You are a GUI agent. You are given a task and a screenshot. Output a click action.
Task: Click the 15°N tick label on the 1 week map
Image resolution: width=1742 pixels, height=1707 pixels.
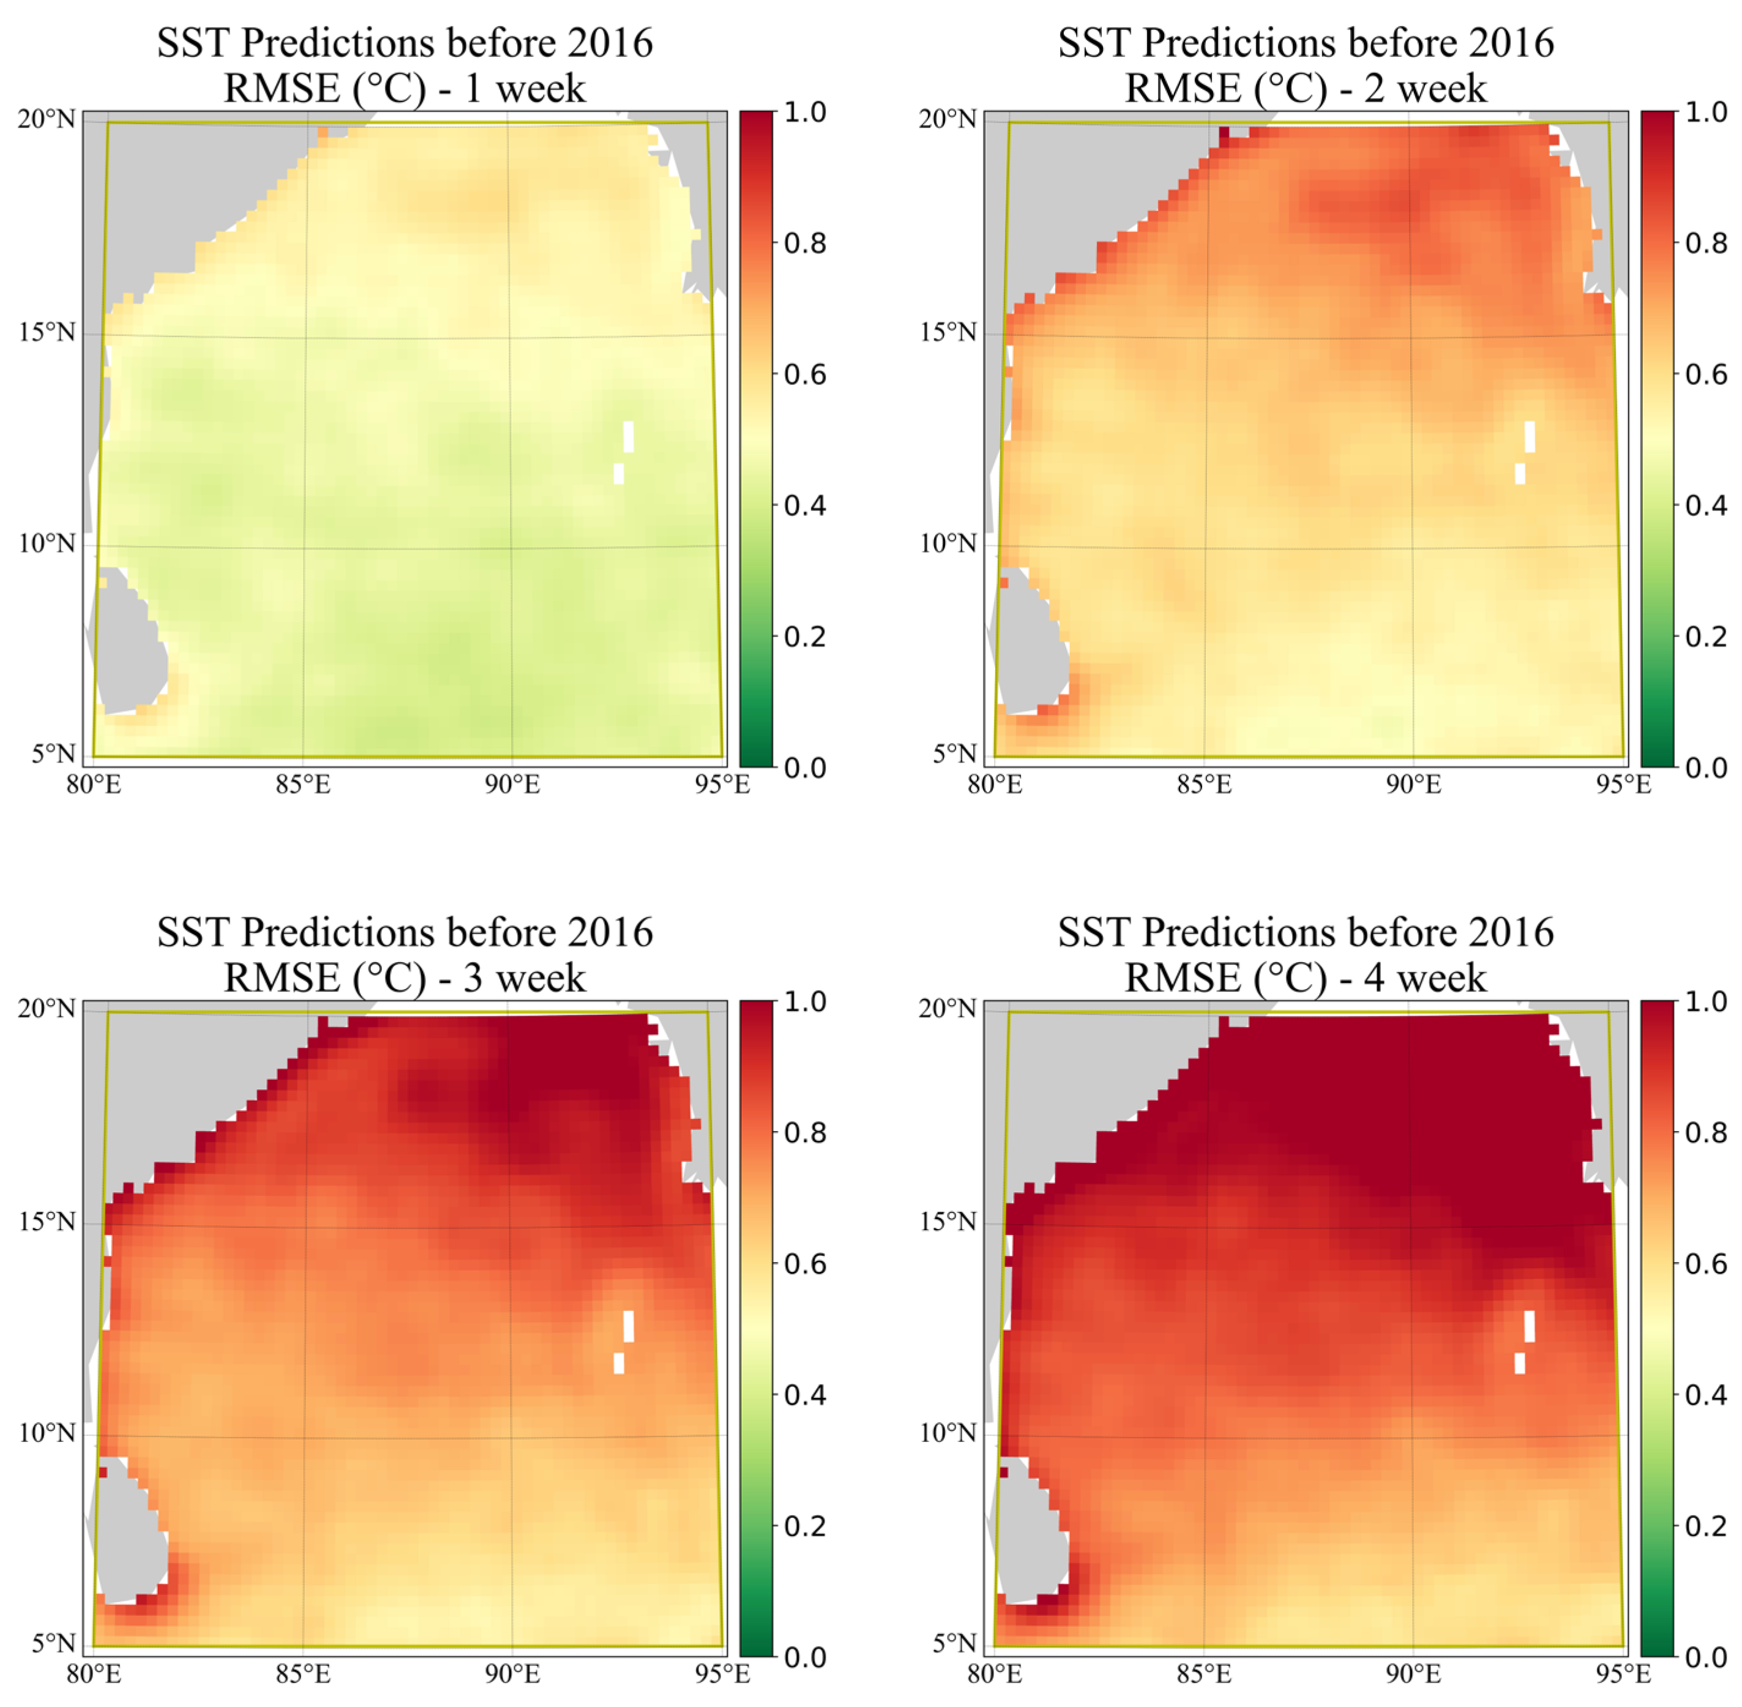(x=47, y=332)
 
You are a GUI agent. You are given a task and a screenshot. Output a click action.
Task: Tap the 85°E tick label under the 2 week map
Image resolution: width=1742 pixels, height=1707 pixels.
(x=1203, y=785)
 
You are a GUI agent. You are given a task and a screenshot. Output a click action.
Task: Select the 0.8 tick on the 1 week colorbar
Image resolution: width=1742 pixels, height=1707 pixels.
(x=804, y=243)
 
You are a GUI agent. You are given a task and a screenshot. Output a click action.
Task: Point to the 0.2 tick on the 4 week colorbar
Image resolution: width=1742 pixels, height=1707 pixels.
(x=1705, y=1525)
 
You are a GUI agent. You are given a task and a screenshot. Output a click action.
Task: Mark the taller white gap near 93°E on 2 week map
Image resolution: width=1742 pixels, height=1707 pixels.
(x=1530, y=436)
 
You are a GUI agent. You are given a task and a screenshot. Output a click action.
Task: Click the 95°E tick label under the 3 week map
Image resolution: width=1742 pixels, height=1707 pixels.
(x=723, y=1675)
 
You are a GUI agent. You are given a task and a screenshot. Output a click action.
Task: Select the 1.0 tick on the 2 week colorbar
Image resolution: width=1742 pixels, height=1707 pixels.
(x=1705, y=112)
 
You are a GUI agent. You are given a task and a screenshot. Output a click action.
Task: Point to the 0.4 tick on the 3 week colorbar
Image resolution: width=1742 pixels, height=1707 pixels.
(x=804, y=1394)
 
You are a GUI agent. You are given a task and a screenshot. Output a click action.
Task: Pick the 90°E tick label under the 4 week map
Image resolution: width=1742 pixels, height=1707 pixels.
(x=1414, y=1675)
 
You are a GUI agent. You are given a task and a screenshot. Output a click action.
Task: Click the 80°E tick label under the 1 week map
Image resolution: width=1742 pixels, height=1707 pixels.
(x=94, y=785)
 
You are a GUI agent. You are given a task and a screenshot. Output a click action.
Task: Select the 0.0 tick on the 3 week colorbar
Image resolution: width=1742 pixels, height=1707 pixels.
(x=804, y=1657)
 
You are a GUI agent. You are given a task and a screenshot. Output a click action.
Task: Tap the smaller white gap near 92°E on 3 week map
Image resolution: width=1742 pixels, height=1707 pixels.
(x=619, y=1363)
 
